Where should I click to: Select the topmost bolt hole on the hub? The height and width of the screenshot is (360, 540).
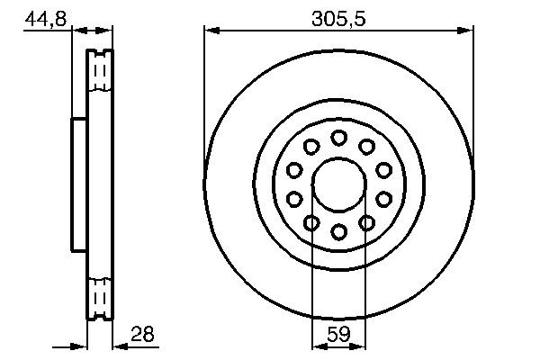pos(338,138)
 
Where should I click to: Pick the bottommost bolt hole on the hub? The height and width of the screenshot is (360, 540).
pos(338,231)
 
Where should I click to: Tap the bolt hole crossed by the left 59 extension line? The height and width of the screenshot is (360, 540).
pos(311,222)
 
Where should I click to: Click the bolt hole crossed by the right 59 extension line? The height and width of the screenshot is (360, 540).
pos(366,222)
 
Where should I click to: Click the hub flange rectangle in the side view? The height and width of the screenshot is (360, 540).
pos(79,184)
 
